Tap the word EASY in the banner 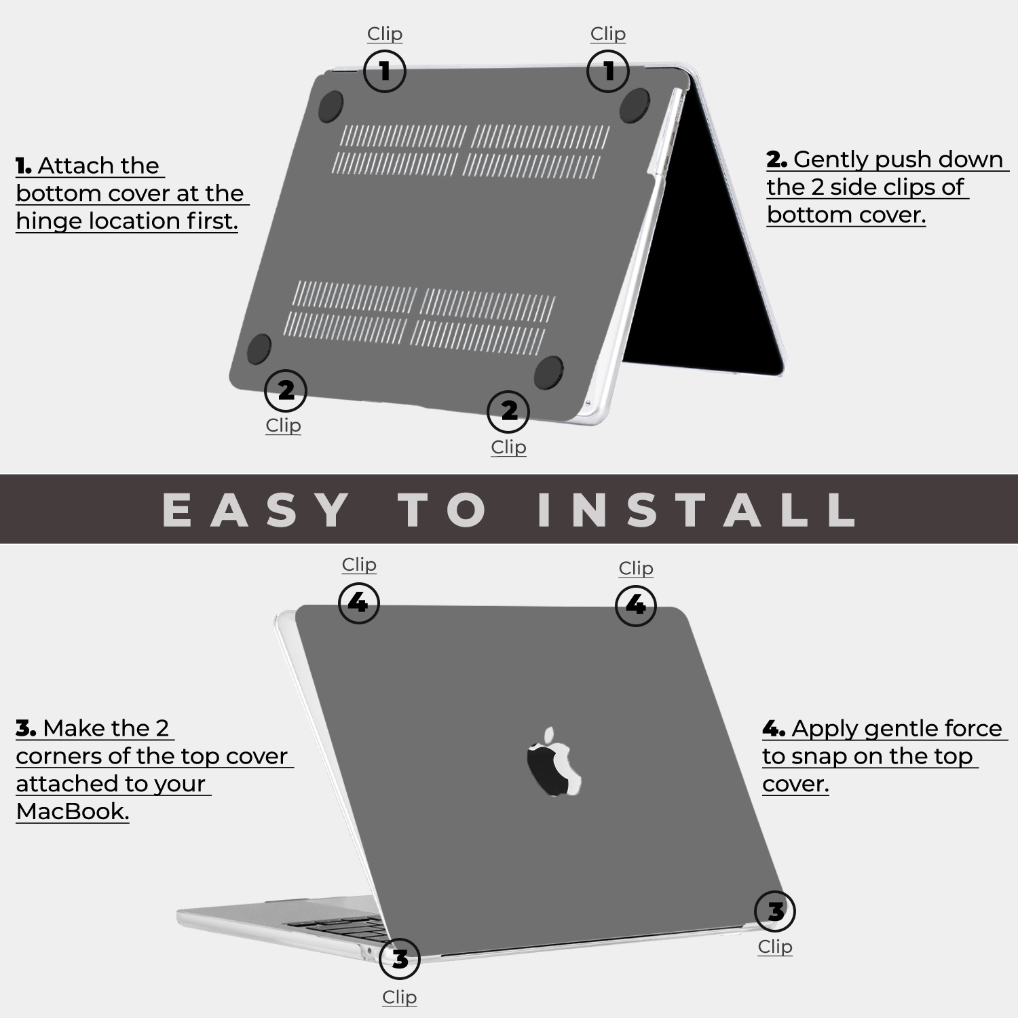(x=257, y=510)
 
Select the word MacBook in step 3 (x=72, y=811)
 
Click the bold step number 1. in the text (x=24, y=166)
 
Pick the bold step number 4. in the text (x=773, y=729)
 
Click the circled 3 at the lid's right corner (x=774, y=911)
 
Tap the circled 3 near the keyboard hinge (x=400, y=959)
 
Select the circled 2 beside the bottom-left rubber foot (x=286, y=390)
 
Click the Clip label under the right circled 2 (x=508, y=447)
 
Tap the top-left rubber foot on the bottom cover (x=331, y=107)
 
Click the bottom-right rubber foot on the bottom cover (x=548, y=373)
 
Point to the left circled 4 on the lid (x=358, y=603)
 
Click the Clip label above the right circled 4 (x=636, y=568)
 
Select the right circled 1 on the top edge (x=607, y=71)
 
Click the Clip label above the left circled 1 (x=385, y=33)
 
